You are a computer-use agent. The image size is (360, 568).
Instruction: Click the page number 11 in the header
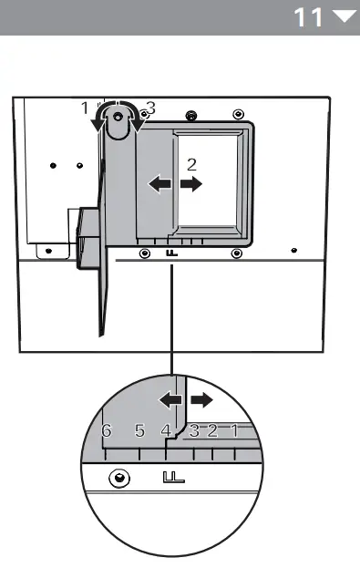pos(311,16)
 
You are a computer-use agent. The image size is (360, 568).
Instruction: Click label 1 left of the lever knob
pos(85,108)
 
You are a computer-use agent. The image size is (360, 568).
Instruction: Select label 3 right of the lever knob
pos(150,108)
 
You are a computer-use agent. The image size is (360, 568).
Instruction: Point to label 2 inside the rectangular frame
pos(191,164)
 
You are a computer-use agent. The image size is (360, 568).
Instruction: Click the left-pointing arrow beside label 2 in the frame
pos(159,184)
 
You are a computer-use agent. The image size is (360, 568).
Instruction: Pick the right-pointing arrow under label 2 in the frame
pos(191,184)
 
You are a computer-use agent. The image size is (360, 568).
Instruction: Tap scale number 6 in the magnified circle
pos(107,431)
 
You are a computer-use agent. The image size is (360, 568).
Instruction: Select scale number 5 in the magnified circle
pos(139,430)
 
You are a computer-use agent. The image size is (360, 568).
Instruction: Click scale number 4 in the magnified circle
pos(166,431)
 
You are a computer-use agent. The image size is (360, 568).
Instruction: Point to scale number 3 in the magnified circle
pos(193,431)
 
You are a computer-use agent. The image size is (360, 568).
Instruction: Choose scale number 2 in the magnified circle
pos(212,431)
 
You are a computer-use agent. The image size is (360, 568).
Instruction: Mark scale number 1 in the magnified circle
pos(234,431)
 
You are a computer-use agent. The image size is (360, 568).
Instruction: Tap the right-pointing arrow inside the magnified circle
pos(201,398)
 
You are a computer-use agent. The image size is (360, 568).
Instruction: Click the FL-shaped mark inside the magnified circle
pos(173,477)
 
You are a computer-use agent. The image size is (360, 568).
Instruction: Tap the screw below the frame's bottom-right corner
pos(236,252)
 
